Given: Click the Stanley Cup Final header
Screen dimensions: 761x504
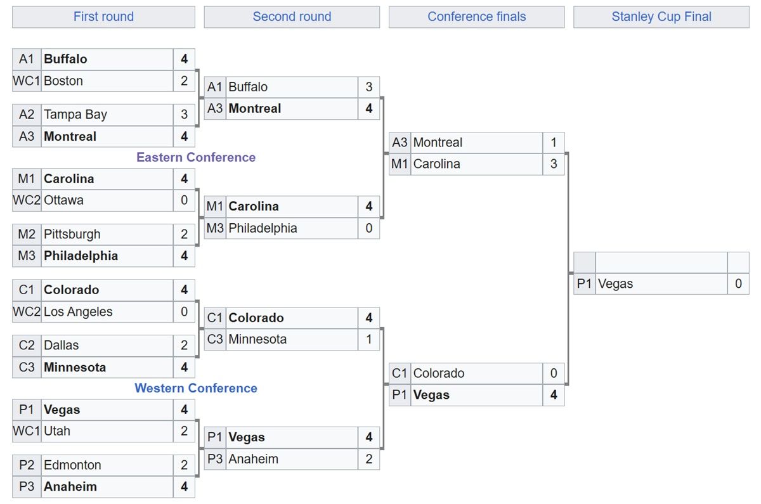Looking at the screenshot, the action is coord(661,16).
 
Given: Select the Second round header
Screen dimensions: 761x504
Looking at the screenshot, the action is coord(292,16).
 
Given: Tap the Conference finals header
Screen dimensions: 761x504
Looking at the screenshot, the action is coord(476,16).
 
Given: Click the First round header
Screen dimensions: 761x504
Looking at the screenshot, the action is coord(103,16).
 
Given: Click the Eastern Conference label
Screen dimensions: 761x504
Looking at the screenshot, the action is coord(196,157).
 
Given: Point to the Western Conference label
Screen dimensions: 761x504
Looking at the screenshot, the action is coord(196,388).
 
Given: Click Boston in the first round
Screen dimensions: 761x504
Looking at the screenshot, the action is coord(63,81).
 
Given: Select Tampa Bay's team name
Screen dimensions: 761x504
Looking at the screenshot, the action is coord(75,115).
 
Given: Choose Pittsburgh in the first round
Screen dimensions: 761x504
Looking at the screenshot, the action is coord(72,235).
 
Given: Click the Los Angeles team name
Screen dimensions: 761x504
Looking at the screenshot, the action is coord(78,312).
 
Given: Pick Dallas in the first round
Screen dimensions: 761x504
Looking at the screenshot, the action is coord(61,346).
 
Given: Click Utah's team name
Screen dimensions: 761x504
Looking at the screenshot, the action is coord(57,431).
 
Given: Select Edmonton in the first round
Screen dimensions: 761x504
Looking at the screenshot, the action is coord(72,465).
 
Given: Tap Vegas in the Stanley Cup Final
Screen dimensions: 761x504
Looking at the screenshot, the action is coord(615,284).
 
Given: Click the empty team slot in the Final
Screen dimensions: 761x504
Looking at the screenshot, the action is coord(661,262).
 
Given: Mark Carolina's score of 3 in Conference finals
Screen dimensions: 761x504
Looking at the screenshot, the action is coord(554,164).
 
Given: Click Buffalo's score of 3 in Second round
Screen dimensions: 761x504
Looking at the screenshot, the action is coord(368,87).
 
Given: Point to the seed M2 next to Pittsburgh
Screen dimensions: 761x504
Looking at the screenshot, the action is coord(27,235).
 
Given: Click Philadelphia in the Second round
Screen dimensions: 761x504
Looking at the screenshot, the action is coord(263,228).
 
